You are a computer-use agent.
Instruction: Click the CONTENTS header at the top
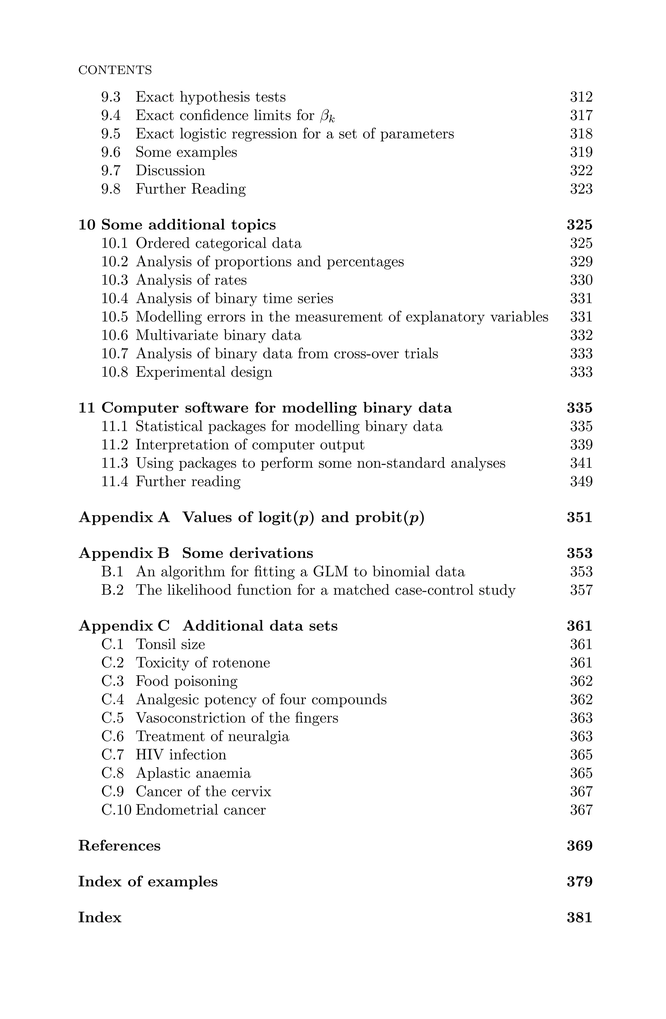tap(115, 70)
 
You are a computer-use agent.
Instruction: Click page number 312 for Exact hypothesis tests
tap(581, 97)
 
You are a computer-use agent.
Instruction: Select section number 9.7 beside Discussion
tap(111, 171)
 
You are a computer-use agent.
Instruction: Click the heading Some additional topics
tap(188, 225)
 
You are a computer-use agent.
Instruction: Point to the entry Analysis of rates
tap(191, 280)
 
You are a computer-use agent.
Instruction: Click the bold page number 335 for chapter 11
tap(579, 408)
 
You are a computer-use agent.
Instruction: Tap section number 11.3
tap(114, 463)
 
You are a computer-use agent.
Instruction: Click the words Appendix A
tap(124, 518)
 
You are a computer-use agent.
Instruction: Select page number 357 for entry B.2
tap(581, 591)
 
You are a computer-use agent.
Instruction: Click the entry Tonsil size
tap(170, 645)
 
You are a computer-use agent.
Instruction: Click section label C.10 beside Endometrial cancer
tap(116, 810)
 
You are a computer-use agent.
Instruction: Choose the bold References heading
tap(119, 846)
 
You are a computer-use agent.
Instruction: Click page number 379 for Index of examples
tap(579, 882)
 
